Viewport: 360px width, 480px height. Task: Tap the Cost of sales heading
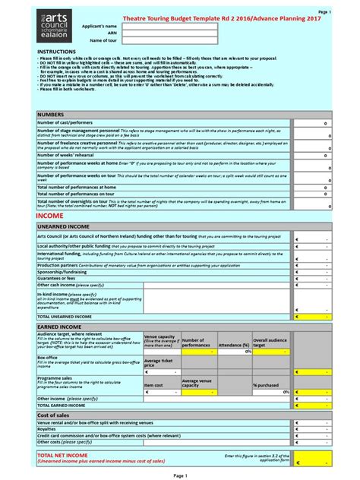click(x=54, y=415)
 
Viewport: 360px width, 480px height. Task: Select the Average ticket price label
click(x=158, y=363)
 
